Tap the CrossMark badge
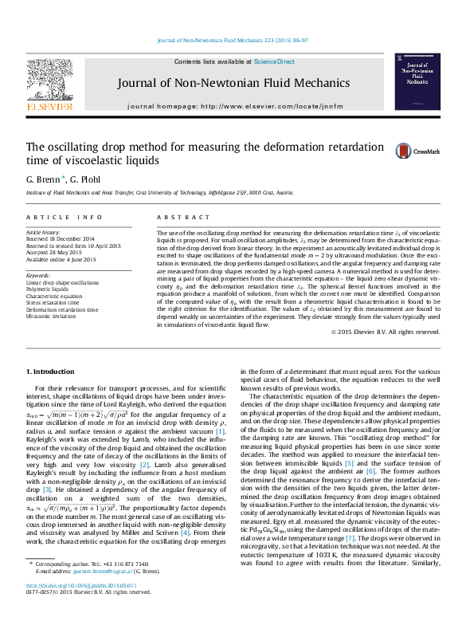(x=427, y=151)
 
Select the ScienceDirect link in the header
(x=274, y=61)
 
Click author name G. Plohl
(x=85, y=179)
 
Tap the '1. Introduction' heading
(x=52, y=372)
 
